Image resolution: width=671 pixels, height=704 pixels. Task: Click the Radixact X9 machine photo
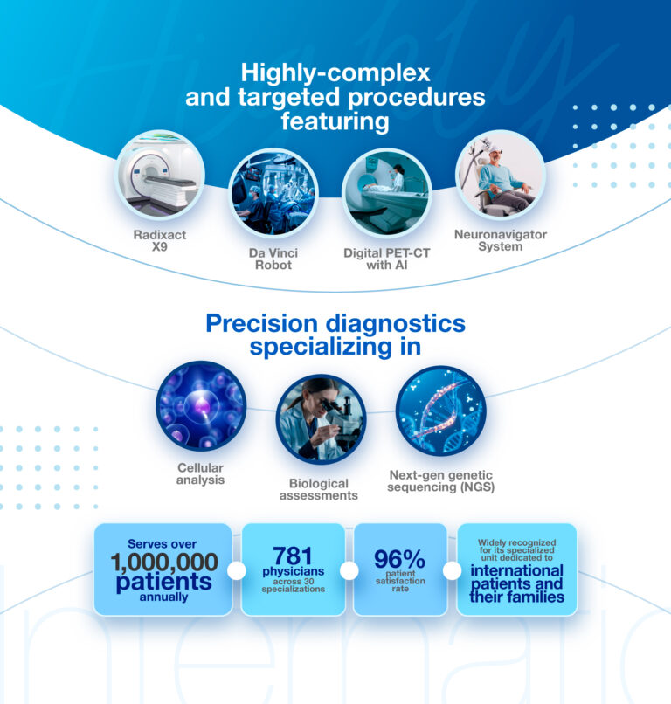[159, 175]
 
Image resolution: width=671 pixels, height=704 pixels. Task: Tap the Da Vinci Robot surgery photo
[273, 193]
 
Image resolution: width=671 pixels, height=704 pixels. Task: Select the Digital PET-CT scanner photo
[387, 193]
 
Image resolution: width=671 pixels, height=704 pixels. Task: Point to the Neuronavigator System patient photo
[501, 175]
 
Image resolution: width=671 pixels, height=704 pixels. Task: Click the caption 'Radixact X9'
[159, 241]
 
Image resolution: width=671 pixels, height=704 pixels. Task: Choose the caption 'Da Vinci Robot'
[273, 259]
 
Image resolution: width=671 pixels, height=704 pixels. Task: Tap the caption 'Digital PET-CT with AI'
[387, 259]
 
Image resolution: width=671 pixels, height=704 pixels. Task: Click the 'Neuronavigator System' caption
[501, 240]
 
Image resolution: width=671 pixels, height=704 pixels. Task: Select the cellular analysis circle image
[201, 406]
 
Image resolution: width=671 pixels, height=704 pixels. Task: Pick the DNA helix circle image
[440, 411]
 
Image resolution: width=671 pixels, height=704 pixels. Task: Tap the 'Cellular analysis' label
[200, 473]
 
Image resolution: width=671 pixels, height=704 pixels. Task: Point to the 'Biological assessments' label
[318, 489]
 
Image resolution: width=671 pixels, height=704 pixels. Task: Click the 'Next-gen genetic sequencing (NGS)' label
[440, 481]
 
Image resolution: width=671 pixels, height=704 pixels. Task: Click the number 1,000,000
[164, 563]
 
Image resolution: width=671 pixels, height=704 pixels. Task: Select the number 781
[293, 556]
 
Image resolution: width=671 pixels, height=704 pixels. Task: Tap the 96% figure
[399, 559]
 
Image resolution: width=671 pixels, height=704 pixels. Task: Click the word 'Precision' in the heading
[261, 323]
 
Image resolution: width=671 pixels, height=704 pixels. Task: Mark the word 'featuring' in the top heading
[335, 121]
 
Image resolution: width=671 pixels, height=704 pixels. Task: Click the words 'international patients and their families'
[516, 583]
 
